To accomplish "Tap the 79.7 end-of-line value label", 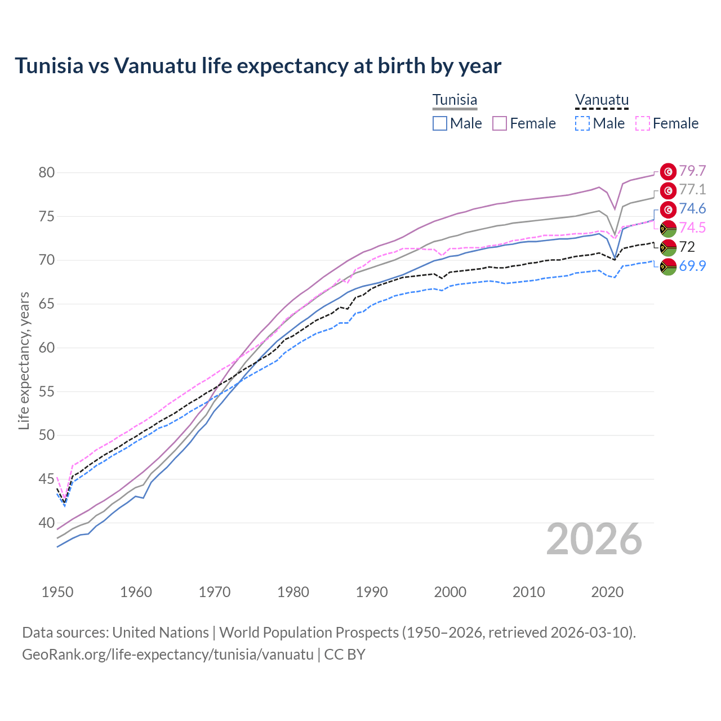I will (x=692, y=171).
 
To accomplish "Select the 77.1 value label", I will (x=692, y=189).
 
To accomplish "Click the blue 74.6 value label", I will (x=692, y=209).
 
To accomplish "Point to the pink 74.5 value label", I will (x=692, y=228).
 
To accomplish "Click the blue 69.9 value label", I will (x=692, y=266).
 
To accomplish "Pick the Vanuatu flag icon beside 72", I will (x=668, y=247).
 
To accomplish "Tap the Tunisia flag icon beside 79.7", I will (x=668, y=171).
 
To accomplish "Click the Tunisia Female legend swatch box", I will (x=500, y=123).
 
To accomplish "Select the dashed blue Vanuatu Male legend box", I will (x=582, y=123).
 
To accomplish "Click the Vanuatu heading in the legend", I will (x=602, y=100).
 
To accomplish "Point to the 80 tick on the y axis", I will (x=47, y=172).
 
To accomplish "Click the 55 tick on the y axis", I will (x=47, y=391).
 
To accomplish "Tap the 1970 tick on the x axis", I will (x=215, y=592).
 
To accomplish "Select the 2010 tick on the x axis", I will (x=528, y=592).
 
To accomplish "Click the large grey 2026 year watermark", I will (x=594, y=539).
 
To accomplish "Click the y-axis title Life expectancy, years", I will (x=24, y=360).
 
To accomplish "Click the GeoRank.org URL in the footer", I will (x=168, y=655).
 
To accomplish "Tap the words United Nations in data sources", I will (x=161, y=633).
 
